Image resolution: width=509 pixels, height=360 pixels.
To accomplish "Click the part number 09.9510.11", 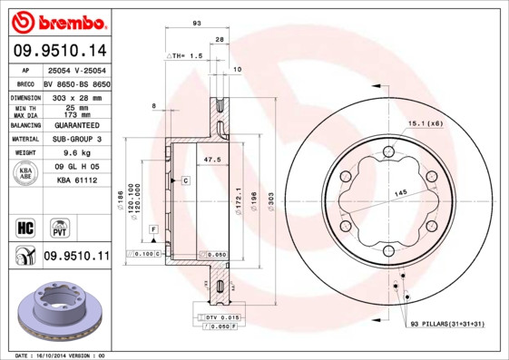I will click(x=76, y=258).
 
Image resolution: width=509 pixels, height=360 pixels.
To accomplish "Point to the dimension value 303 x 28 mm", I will click(x=77, y=96).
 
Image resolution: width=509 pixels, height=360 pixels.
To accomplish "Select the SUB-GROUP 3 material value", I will click(x=77, y=139).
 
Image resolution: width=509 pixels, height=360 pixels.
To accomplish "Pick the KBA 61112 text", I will click(x=77, y=181).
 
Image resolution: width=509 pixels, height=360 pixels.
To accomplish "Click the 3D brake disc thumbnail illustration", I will click(x=59, y=313).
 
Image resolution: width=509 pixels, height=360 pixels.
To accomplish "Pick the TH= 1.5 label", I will click(x=189, y=55).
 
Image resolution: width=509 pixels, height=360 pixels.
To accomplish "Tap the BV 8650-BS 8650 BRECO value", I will click(x=77, y=83).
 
